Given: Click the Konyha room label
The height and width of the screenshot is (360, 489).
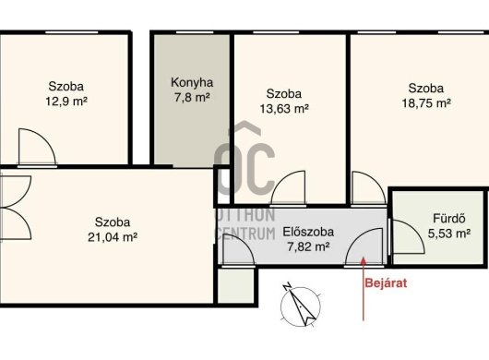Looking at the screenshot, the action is tap(192, 83).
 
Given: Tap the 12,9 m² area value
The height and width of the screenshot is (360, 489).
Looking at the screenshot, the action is tap(66, 102).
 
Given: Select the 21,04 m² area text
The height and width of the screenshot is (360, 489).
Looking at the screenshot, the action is tap(113, 237).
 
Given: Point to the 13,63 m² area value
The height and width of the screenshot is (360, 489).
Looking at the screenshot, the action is tap(284, 109).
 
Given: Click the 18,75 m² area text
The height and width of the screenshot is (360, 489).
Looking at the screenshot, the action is tap(426, 103).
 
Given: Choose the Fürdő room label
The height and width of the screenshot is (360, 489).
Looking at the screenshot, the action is tap(449, 219).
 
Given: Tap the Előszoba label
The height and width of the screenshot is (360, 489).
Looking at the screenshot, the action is tap(308, 232).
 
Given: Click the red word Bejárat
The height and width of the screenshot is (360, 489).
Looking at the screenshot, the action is tap(386, 283).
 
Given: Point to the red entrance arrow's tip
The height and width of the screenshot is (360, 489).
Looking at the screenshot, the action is tap(363, 258).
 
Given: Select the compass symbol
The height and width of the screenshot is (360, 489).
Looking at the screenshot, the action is tap(301, 306).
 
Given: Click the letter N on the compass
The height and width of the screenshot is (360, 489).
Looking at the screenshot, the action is tap(287, 287).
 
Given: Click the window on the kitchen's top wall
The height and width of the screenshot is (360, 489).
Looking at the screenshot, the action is tap(195, 32).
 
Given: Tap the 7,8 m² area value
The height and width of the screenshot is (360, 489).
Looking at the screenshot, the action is tap(192, 97).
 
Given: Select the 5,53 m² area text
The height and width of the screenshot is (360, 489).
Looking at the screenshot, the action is tap(449, 234).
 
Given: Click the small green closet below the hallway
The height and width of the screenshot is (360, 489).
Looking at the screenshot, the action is tap(236, 285).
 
